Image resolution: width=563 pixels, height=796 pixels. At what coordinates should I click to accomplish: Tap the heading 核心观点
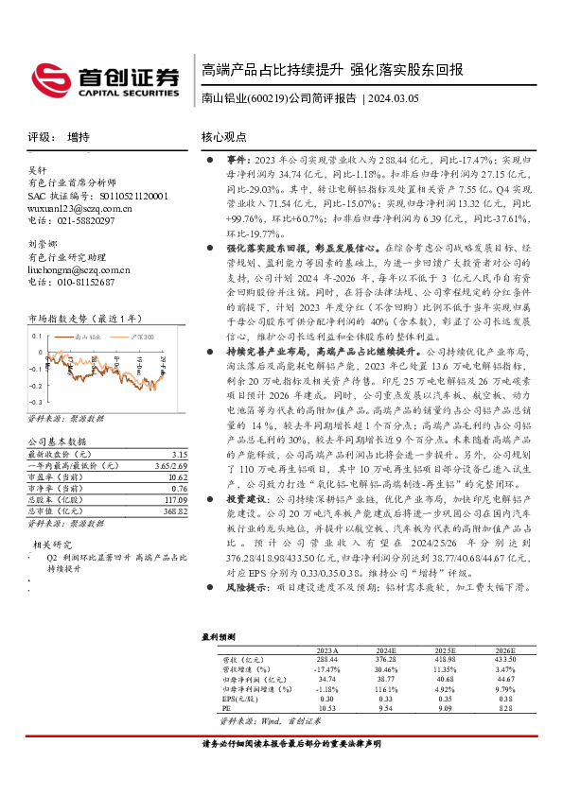click(x=223, y=137)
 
